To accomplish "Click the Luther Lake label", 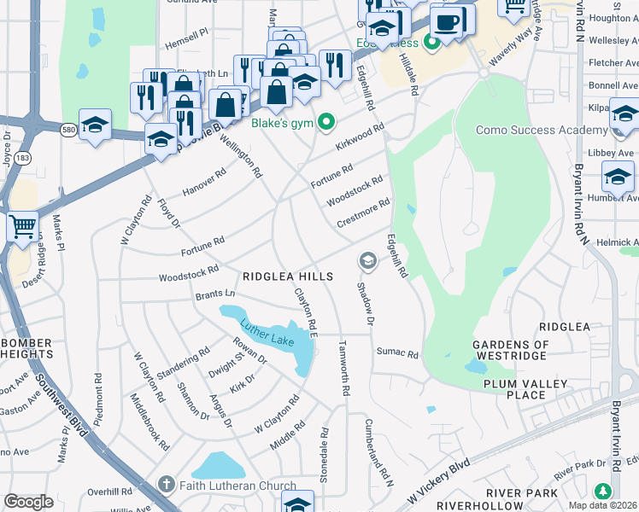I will (x=267, y=331).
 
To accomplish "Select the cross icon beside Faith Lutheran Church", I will (x=167, y=486).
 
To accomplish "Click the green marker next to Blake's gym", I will (x=325, y=123).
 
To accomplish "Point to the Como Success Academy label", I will (x=548, y=129).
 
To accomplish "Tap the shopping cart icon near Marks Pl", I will (x=22, y=227).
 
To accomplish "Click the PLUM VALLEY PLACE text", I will (x=525, y=389).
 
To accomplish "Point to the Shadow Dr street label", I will (x=366, y=304).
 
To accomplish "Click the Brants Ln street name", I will (x=214, y=294).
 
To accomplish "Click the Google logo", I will (x=28, y=502).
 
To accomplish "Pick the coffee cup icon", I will (x=448, y=20).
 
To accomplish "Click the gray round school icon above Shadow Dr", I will (x=367, y=259).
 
